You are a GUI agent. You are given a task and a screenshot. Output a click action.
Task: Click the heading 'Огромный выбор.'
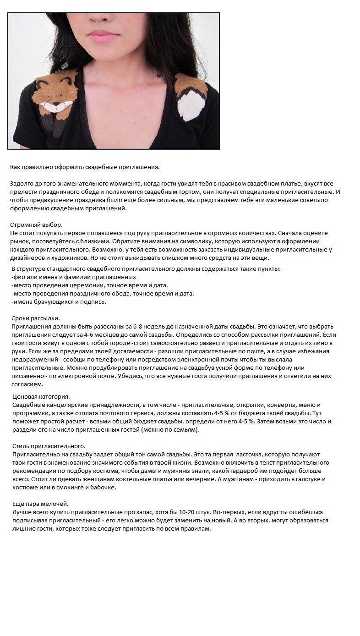click(36, 225)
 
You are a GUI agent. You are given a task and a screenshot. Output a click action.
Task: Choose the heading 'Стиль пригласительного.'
click(48, 446)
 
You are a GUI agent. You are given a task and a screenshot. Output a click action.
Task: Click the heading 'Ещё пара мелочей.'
click(39, 504)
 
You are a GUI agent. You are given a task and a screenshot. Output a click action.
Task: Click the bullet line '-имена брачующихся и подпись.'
click(58, 302)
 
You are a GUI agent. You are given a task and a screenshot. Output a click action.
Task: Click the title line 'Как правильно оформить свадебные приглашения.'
click(85, 167)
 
